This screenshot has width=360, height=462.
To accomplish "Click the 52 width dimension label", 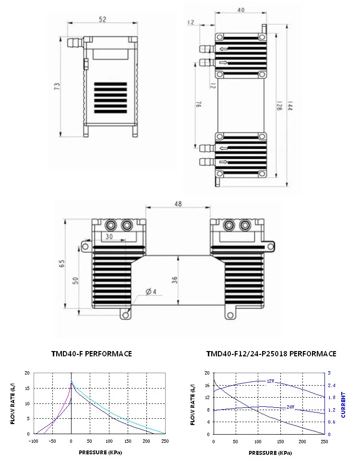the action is click(x=103, y=19).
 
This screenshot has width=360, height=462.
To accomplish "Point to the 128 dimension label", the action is click(x=279, y=106).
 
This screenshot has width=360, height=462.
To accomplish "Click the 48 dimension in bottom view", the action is click(x=178, y=204).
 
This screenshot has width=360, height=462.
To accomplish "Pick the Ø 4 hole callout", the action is click(x=151, y=292).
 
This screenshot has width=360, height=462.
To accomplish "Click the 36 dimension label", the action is click(x=175, y=280).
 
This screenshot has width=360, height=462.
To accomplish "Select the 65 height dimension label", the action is click(x=62, y=263).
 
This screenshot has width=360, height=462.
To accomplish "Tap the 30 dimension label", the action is click(x=109, y=237).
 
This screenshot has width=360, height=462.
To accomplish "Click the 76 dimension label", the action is click(x=199, y=104).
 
